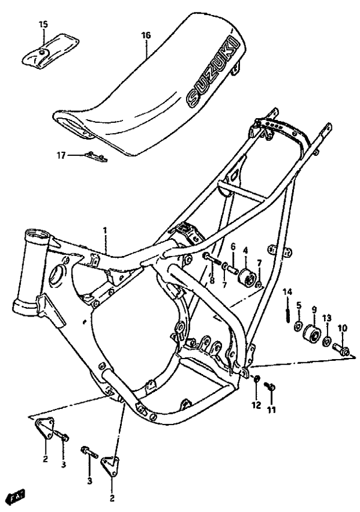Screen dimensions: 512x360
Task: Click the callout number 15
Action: coord(43,24)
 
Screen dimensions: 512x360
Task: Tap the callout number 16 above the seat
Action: coord(146,35)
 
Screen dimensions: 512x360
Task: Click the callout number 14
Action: coord(287,292)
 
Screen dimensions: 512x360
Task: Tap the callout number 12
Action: coord(256,405)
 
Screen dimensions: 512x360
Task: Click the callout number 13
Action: coord(327,318)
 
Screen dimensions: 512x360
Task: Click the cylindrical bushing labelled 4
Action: coord(246,279)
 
